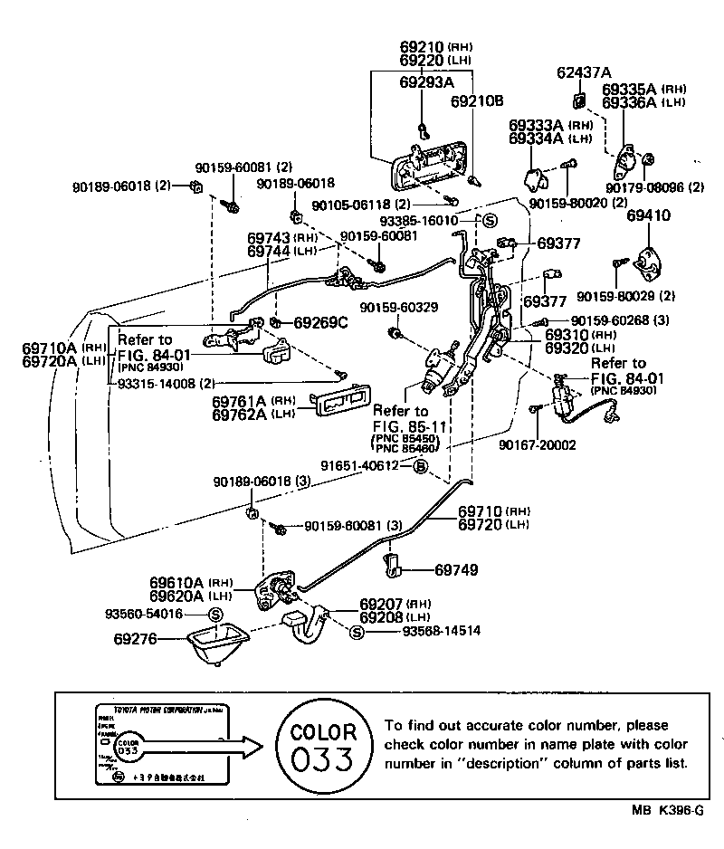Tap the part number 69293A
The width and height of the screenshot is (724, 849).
(426, 81)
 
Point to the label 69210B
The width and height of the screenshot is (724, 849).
(477, 101)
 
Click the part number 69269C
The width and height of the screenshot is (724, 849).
(319, 322)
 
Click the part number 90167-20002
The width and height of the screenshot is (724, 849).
(537, 445)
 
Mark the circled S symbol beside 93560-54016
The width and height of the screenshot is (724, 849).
(215, 615)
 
